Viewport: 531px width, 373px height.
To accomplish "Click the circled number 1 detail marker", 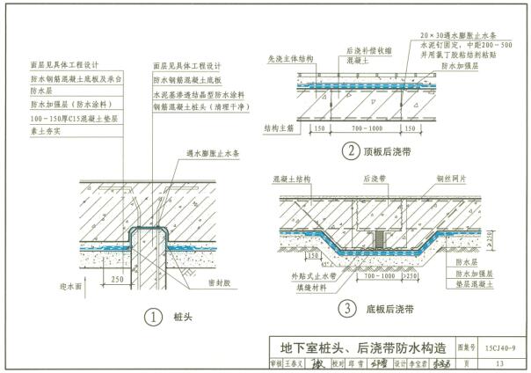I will tap(153, 316).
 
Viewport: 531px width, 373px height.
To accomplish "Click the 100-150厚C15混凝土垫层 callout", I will tap(65, 118).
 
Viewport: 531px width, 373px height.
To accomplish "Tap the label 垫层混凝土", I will tap(476, 286).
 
